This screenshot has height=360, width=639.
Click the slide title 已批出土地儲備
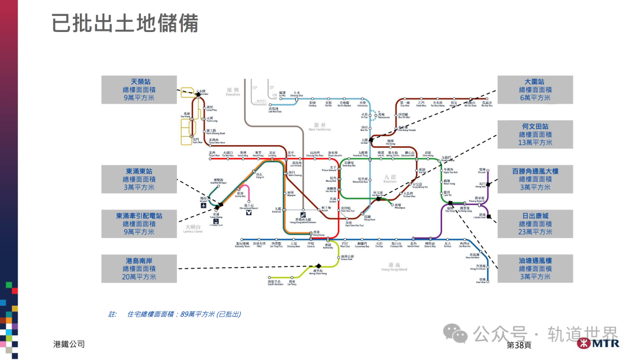tap(125, 24)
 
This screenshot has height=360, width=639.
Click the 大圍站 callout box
tap(534, 89)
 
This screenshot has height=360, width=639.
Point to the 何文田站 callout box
tap(534, 134)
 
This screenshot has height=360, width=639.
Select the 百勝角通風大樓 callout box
tap(534, 179)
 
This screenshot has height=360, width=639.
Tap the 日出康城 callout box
tap(534, 224)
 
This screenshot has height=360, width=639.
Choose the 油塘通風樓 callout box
tap(534, 268)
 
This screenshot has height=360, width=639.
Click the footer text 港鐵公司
tap(69, 344)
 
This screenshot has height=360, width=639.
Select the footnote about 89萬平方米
tap(175, 314)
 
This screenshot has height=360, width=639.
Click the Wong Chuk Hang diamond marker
tap(318, 266)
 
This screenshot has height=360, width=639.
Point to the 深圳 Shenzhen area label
tap(233, 91)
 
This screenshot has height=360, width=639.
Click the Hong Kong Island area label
tap(394, 267)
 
